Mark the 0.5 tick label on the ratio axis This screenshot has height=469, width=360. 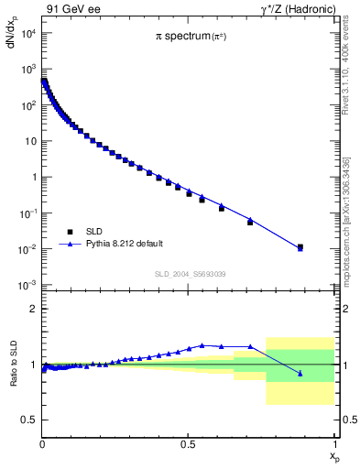(30, 420)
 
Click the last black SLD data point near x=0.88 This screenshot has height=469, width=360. (300, 246)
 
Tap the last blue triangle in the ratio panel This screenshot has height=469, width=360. (300, 373)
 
